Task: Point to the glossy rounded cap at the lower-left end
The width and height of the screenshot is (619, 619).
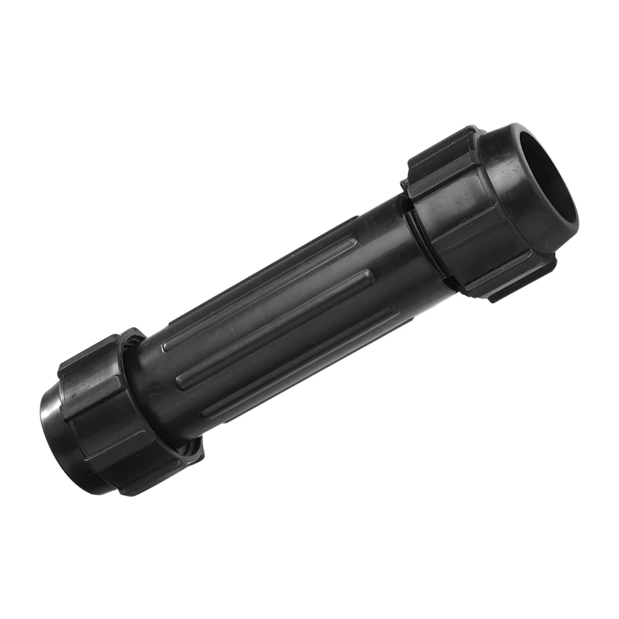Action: (x=59, y=433)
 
